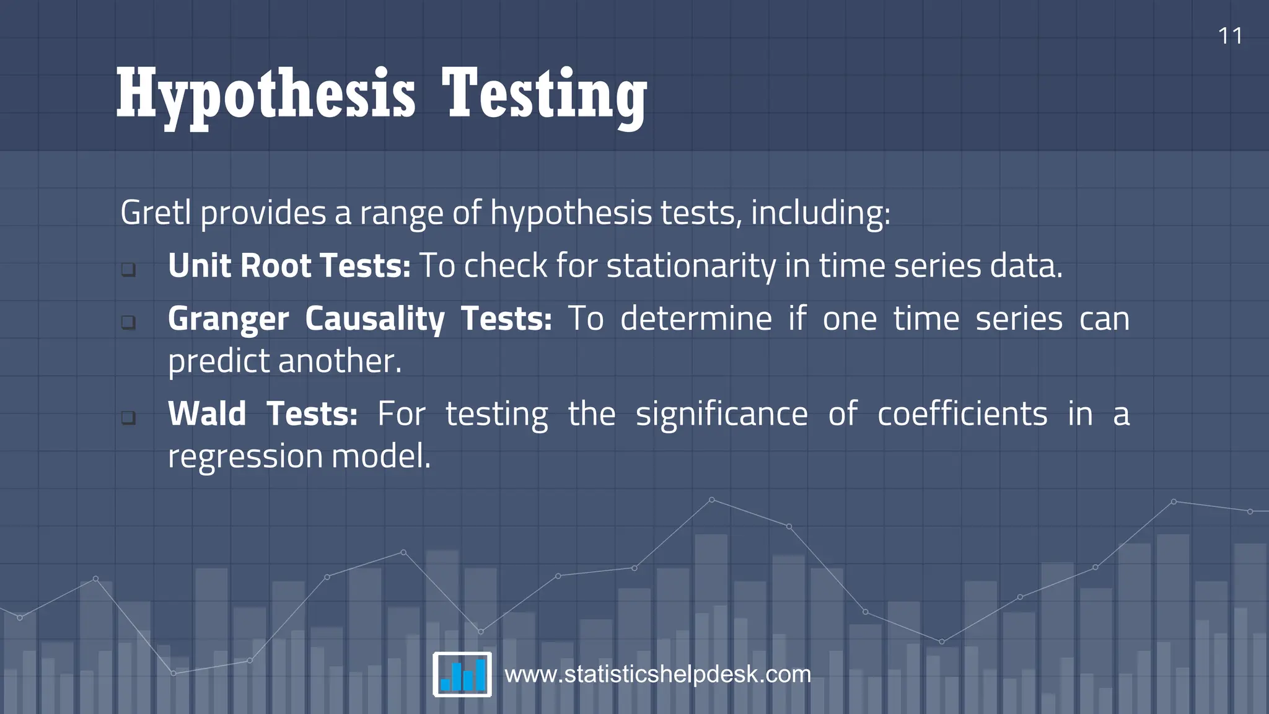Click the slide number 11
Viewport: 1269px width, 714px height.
click(x=1230, y=36)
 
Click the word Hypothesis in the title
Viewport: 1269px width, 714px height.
click(x=266, y=95)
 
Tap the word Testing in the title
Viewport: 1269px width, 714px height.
click(x=544, y=95)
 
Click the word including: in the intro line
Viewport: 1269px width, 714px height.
click(x=820, y=213)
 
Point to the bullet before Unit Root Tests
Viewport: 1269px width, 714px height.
click(x=128, y=269)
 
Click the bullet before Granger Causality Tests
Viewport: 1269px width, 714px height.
click(x=128, y=322)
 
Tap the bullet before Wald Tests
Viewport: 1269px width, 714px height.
click(x=128, y=417)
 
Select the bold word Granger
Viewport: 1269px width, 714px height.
click(x=228, y=320)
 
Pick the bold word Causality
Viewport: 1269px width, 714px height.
click(x=374, y=320)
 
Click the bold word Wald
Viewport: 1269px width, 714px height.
click(x=207, y=414)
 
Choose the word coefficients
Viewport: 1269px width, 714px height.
click(x=962, y=414)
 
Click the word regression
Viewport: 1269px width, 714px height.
click(x=245, y=457)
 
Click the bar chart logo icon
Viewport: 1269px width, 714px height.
click(x=462, y=674)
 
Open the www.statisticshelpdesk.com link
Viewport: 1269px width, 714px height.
click(x=657, y=674)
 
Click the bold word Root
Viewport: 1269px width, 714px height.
click(x=275, y=266)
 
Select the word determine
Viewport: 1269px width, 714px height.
click(x=696, y=319)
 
